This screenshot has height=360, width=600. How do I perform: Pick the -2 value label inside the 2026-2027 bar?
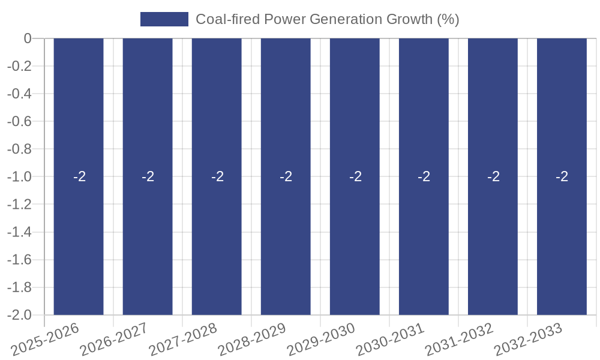point(148,177)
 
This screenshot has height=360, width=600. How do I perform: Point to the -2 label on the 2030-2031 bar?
point(424,177)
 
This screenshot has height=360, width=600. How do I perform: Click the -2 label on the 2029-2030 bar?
point(355,177)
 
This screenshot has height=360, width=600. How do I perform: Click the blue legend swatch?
point(164,19)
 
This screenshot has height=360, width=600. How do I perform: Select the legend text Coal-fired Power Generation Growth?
point(327,19)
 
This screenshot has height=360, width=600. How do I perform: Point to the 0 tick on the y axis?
point(27,38)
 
